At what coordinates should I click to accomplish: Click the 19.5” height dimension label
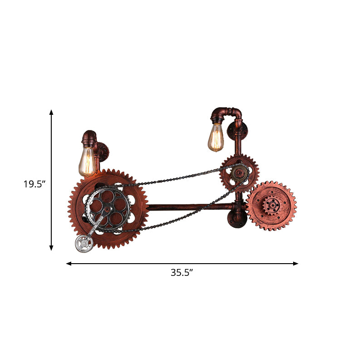pos(34,184)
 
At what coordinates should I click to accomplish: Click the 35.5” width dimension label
pos(181,273)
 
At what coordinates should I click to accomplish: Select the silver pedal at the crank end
pos(84,244)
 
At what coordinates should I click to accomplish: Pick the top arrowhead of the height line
pos(51,112)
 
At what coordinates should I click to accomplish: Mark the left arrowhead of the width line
pos(69,263)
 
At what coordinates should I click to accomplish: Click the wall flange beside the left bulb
pos(104,151)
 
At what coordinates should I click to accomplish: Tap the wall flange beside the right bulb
pos(238,130)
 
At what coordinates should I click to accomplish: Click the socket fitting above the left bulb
pos(88,137)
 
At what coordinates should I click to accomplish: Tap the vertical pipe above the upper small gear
pos(238,143)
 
